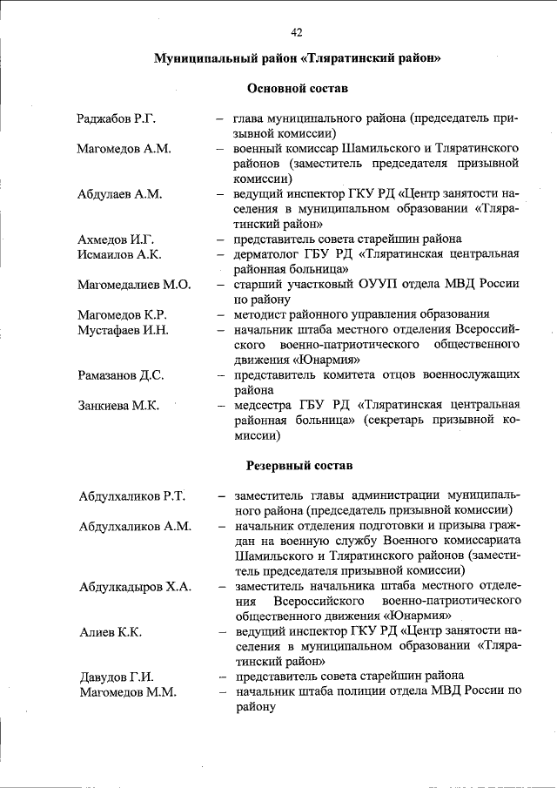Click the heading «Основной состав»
point(299,88)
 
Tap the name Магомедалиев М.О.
point(133,284)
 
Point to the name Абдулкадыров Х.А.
point(135,586)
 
